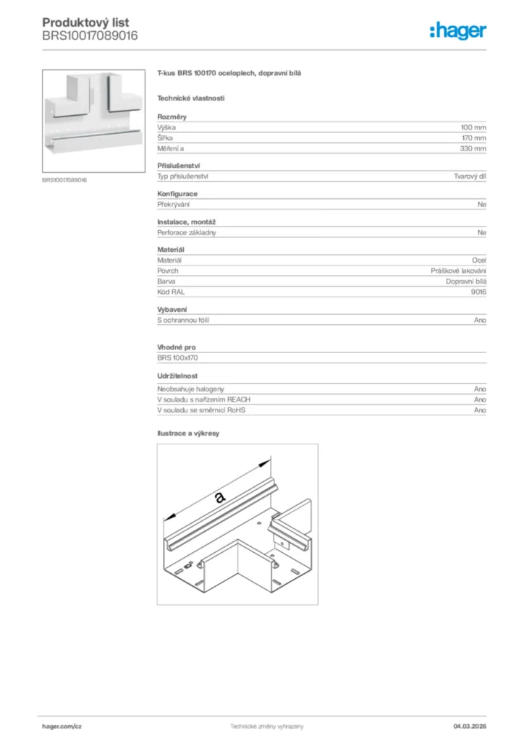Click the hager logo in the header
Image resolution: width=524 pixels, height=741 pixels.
tap(458, 30)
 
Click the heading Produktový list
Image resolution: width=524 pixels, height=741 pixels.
tap(85, 22)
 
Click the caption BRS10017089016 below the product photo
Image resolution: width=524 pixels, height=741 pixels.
tap(64, 180)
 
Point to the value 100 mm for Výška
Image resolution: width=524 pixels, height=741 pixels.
tap(473, 127)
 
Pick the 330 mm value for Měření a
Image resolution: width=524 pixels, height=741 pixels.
tap(473, 148)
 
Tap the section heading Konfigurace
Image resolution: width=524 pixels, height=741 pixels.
tap(177, 194)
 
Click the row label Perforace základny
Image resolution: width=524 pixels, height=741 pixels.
tap(187, 232)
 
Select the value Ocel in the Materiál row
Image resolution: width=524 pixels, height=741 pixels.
tap(478, 260)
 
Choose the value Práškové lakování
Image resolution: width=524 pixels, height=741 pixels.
tap(458, 271)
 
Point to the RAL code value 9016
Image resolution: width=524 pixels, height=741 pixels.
tap(478, 292)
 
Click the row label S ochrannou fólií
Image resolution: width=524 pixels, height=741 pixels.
tap(184, 319)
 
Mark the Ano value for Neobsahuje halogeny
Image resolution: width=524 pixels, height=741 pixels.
tap(480, 389)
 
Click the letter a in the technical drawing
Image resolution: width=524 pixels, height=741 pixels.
tap(220, 496)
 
